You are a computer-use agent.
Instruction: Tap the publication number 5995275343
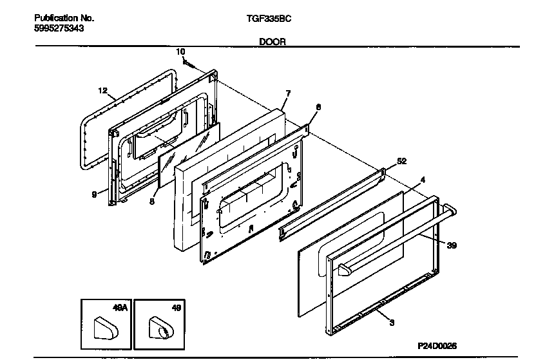point(59,29)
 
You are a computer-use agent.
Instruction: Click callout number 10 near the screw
point(180,51)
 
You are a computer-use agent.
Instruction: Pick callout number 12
point(102,91)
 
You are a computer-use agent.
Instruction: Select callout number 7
point(288,93)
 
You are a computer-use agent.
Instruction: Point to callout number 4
point(423,180)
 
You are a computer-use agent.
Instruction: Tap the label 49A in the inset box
point(120,309)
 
